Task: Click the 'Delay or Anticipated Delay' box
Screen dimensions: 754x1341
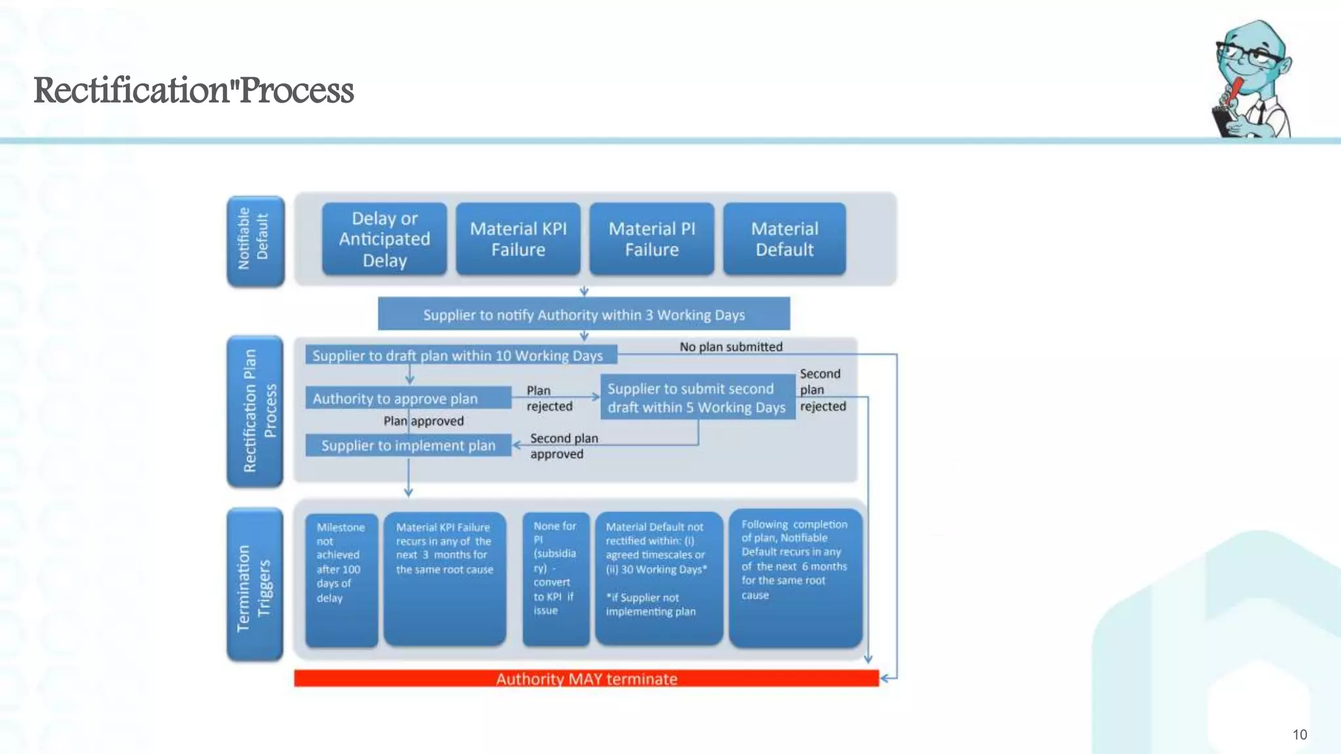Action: [384, 239]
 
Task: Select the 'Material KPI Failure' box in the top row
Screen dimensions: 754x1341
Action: [518, 239]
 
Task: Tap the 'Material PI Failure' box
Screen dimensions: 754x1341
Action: [652, 239]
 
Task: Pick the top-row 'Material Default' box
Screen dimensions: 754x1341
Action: [784, 239]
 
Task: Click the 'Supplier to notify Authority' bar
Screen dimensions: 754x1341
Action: [583, 314]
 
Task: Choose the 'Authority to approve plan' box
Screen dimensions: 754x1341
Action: [408, 398]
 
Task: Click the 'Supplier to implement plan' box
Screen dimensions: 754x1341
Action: [408, 446]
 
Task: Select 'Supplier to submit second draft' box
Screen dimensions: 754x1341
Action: [697, 397]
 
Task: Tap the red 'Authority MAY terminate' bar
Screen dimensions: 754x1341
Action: [586, 679]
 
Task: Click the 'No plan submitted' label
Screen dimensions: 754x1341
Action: [731, 347]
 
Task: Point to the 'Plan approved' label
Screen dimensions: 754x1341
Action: [424, 421]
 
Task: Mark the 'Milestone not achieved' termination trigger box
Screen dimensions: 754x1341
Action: [341, 580]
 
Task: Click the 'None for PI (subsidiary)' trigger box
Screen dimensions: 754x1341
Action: [556, 580]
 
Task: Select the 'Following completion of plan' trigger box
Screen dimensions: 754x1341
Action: [796, 579]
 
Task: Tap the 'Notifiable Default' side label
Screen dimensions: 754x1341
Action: [255, 240]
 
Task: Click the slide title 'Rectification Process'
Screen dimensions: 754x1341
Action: [194, 90]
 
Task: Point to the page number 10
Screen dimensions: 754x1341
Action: [1300, 734]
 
